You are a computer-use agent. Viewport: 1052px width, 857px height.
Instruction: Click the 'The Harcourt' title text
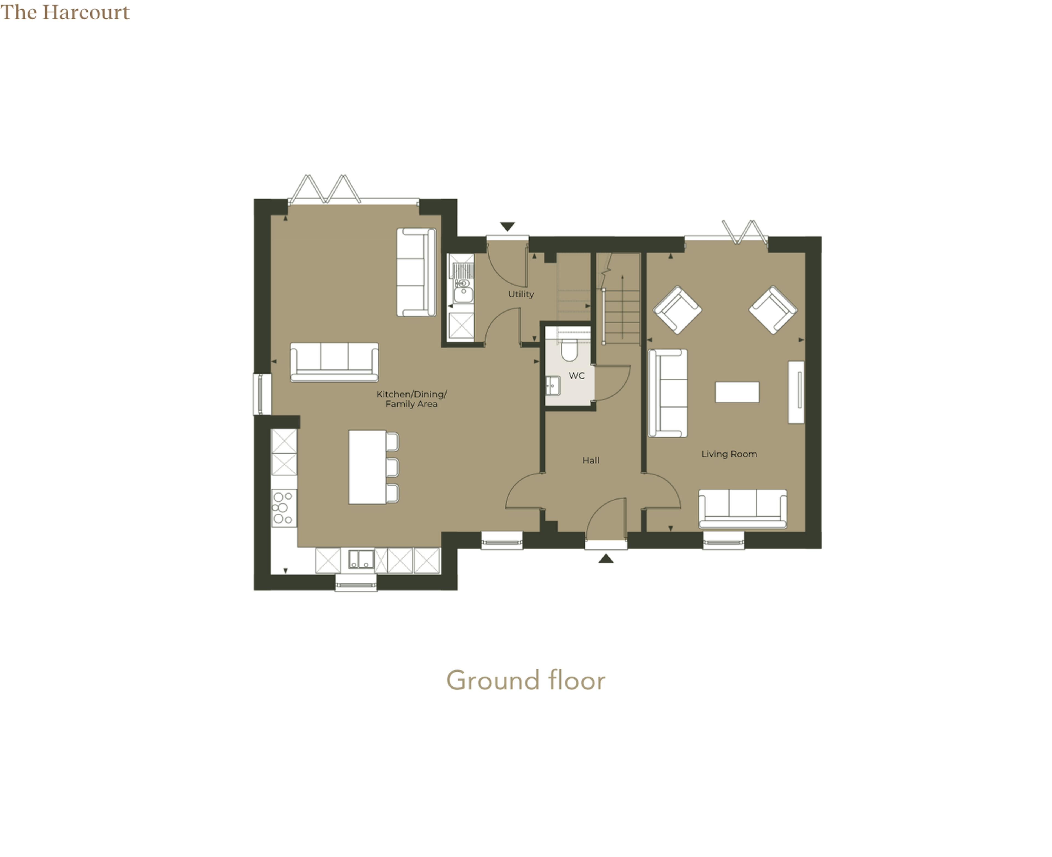tap(65, 12)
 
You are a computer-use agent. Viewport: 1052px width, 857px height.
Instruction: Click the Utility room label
tap(521, 294)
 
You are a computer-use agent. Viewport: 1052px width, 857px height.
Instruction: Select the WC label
tap(576, 376)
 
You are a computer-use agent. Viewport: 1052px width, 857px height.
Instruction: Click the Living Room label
tap(729, 454)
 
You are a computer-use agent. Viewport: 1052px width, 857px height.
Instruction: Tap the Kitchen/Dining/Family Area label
tap(411, 399)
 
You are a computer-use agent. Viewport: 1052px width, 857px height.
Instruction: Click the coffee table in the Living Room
tap(737, 392)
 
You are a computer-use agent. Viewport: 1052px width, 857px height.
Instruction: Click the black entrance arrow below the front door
tap(606, 558)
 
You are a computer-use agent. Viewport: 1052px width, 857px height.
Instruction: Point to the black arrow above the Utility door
tap(507, 227)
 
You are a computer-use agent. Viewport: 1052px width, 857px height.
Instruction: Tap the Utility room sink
tap(462, 291)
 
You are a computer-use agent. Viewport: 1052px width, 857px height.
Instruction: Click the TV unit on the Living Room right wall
tap(796, 392)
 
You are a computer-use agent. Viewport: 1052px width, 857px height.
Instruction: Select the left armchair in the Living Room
tap(677, 309)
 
